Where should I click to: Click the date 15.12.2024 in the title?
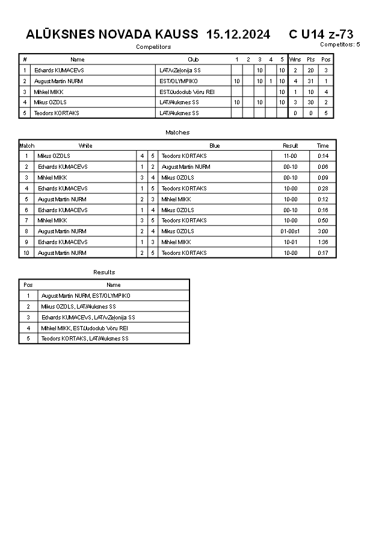tap(238, 34)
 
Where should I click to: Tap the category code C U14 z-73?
tap(321, 34)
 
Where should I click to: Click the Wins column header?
tap(295, 60)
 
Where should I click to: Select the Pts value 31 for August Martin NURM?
tap(310, 81)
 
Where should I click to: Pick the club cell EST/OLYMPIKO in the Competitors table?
tap(179, 81)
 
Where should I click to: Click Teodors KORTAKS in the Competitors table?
tap(57, 113)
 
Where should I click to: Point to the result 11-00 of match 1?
tap(291, 156)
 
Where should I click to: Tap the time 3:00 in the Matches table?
tap(323, 231)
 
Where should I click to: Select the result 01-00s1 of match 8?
tap(291, 231)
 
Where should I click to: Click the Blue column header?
tap(215, 145)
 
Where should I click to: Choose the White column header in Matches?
tap(85, 145)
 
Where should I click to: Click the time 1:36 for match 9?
tap(323, 242)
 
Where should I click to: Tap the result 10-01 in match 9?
tap(291, 242)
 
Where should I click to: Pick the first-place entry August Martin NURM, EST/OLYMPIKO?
tap(85, 296)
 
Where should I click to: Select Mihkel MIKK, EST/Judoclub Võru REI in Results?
tap(84, 328)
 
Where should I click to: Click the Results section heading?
tap(104, 272)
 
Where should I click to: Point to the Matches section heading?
tap(177, 132)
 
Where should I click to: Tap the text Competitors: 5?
tap(340, 44)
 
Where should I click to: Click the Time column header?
tap(323, 145)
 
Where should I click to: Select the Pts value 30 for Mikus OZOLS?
tap(310, 102)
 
